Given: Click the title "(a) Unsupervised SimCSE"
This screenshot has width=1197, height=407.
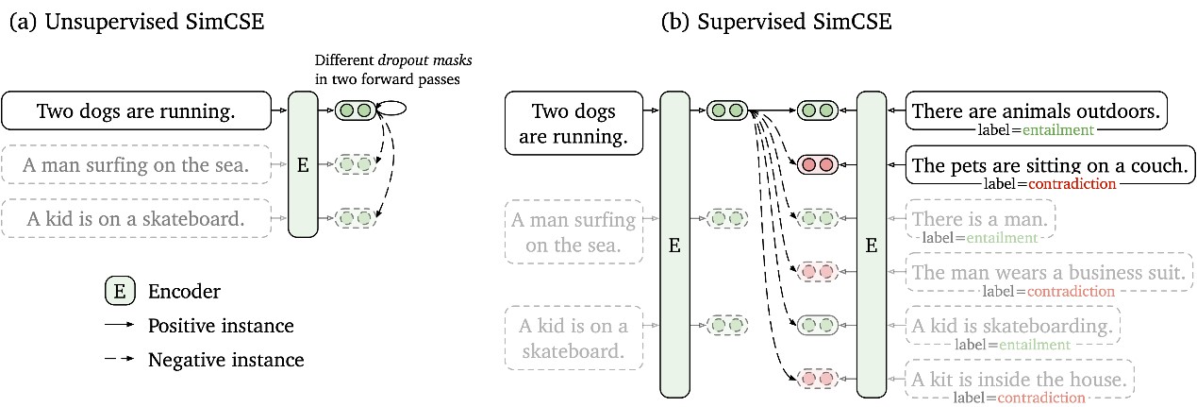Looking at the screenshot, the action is pos(137,22).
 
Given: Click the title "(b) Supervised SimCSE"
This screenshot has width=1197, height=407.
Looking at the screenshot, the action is pos(776,22).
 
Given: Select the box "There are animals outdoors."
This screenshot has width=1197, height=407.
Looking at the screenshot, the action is pos(1036,110).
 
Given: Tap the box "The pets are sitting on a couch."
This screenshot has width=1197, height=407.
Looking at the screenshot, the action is pos(1050,164).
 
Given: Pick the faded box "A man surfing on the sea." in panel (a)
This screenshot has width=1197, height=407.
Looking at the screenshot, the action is pos(136,164).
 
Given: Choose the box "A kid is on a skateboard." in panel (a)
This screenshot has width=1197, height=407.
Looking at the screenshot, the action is pos(136,218).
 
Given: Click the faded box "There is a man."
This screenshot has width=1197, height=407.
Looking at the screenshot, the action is pos(980,219).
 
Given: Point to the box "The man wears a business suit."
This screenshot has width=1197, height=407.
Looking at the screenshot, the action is pos(1049,272).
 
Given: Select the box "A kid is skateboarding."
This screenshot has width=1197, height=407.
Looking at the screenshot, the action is pos(1013,325).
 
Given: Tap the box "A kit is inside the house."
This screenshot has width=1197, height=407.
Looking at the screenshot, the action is pos(1020,379).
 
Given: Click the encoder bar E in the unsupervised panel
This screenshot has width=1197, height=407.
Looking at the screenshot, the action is pos(303,164).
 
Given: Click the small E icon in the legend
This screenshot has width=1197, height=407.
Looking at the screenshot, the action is pos(120,292).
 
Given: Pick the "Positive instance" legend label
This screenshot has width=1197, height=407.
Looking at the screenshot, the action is pos(221,326).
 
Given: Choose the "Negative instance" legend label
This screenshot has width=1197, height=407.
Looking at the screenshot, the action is pos(226,360).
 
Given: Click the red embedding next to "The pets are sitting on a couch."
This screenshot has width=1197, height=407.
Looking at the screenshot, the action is pos(818,164).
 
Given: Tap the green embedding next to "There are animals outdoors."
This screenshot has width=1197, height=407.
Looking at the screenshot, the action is pos(818,110).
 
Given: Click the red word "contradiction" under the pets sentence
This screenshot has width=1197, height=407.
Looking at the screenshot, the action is pos(1072,184).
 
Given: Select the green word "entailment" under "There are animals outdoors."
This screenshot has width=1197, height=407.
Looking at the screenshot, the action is pos(1058,130).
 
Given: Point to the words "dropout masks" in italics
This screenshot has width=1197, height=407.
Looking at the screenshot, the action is pos(424,59).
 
